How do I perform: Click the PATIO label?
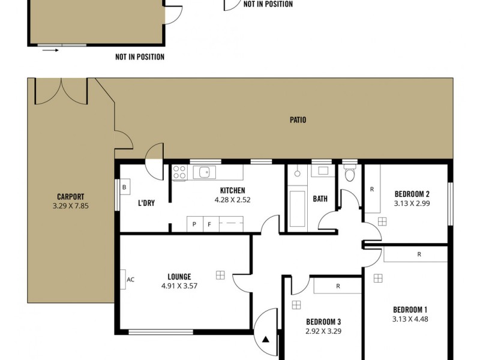pos(298,120)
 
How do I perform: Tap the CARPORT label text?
pos(70,196)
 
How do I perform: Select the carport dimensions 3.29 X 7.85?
pos(70,206)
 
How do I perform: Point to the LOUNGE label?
pos(179,277)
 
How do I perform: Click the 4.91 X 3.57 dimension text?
pos(179,286)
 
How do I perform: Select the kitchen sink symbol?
pos(204,172)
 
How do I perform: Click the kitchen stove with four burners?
pos(179,173)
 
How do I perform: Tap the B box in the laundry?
pos(124,187)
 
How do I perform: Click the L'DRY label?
pos(146,203)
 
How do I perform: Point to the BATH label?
pos(320,199)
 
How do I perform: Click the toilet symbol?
pos(350,175)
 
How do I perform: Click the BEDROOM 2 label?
pos(412,194)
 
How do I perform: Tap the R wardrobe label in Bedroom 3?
pos(338,286)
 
